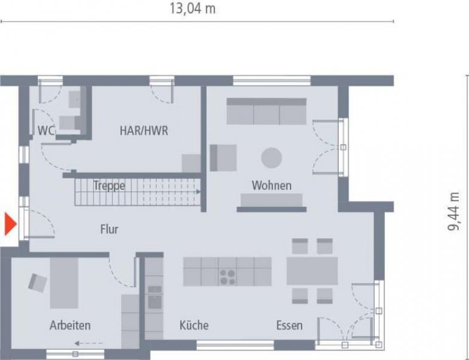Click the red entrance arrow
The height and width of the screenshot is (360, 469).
pos(10,224)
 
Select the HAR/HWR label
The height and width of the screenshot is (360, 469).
pos(144,130)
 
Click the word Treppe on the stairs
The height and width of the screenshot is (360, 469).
pos(109,186)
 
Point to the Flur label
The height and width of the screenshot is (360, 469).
pos(109,229)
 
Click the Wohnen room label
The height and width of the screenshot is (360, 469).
pos(271,185)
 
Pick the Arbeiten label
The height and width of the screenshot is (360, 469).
pos(70,325)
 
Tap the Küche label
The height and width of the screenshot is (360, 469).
pos(194,325)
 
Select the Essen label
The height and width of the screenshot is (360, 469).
pos(289,325)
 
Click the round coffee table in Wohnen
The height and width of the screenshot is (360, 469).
pos(271,158)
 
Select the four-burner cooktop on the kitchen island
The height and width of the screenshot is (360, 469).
pos(228,276)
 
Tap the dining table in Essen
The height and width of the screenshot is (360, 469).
pos(312,271)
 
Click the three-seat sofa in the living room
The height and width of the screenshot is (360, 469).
pos(266,112)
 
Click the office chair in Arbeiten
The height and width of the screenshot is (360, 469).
pos(37,281)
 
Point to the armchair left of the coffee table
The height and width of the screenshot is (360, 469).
pos(223,158)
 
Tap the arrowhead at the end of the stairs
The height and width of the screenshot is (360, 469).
pos(198,192)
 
